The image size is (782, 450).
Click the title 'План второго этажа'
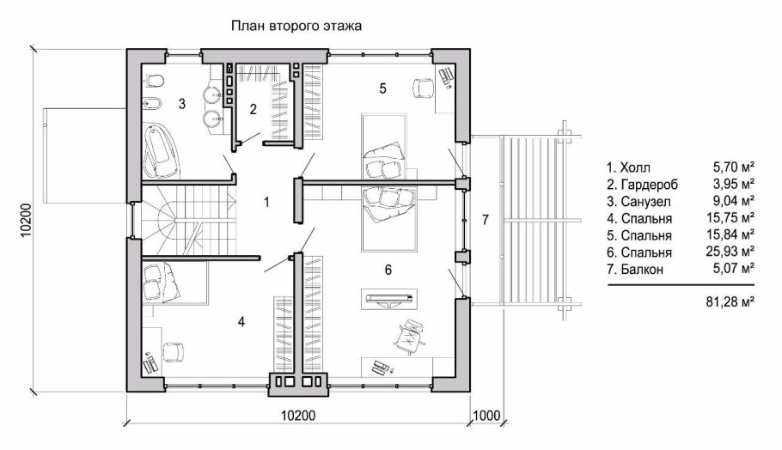tap(295, 26)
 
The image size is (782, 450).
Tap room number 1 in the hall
tap(267, 203)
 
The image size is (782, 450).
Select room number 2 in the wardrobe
tap(253, 108)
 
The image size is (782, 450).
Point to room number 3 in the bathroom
tap(182, 104)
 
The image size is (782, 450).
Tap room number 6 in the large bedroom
tap(388, 270)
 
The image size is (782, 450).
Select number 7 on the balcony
tap(485, 220)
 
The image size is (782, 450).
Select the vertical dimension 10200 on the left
tap(26, 219)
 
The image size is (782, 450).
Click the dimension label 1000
tap(486, 417)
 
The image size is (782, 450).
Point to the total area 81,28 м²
tap(729, 301)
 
